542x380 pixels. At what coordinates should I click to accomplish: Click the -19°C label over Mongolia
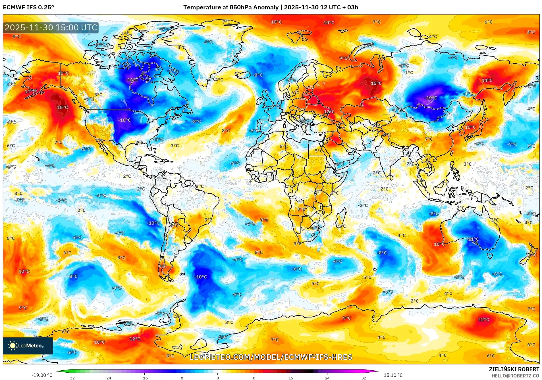coord(431,98)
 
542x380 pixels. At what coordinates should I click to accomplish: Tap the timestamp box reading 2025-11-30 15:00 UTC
coord(51,28)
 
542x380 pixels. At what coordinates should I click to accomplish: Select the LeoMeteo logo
coord(28,346)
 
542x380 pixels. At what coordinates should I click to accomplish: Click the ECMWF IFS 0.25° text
coord(28,7)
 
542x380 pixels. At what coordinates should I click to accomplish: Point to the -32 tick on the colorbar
coord(71,378)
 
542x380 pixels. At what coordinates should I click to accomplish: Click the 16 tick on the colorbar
coord(290,378)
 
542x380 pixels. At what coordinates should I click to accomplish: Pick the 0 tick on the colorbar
coord(218,378)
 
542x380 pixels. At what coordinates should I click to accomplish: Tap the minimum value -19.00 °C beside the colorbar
coord(42,375)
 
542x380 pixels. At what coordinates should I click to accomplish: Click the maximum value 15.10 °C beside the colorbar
coord(393,375)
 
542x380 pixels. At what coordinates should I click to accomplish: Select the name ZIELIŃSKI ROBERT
coord(514,369)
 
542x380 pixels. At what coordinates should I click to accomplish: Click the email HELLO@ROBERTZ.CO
coord(515,376)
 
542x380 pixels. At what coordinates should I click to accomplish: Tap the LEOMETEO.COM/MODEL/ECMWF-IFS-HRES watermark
coord(271,357)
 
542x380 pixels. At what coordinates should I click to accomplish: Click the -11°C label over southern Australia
coord(473,239)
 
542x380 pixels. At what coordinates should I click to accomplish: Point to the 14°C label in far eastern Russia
coord(487,80)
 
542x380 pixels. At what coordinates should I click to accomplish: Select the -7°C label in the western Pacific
coord(512,144)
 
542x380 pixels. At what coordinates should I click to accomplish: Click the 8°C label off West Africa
coord(226,131)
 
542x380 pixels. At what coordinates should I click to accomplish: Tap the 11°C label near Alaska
coord(30,91)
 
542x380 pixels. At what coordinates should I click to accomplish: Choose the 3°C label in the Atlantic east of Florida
coord(175,146)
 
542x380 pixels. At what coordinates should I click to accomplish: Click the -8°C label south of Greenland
coord(196,121)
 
